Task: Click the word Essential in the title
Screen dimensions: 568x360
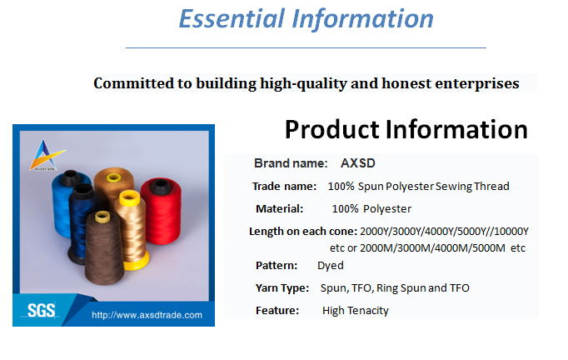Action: click(x=232, y=19)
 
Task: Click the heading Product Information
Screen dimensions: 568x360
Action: click(x=406, y=130)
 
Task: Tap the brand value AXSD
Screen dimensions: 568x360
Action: click(x=358, y=163)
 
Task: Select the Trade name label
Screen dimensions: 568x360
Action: click(x=284, y=187)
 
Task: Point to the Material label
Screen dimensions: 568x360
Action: click(x=279, y=209)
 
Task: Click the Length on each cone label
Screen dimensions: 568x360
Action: click(x=303, y=232)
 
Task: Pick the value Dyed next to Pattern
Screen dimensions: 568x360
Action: click(x=331, y=266)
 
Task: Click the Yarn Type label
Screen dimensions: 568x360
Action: click(x=282, y=288)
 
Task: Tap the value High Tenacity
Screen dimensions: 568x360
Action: click(x=356, y=311)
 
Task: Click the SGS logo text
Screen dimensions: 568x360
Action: click(x=42, y=311)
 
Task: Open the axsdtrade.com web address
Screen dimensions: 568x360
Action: click(x=147, y=315)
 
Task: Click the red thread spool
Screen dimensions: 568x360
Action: click(x=162, y=211)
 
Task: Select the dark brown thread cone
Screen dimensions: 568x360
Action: click(x=104, y=247)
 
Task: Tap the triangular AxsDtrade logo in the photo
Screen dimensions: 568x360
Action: click(x=47, y=155)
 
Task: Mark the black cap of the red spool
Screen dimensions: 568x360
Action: click(x=160, y=185)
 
